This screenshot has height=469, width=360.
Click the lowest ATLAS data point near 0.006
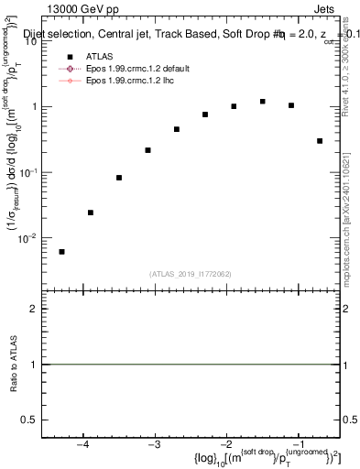(x=61, y=252)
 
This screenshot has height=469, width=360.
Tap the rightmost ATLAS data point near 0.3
(x=320, y=141)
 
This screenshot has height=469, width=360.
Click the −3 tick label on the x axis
(x=154, y=445)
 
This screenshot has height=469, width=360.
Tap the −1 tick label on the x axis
(x=298, y=445)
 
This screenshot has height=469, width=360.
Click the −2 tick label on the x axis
(x=225, y=445)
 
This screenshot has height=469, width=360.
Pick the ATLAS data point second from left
(x=91, y=213)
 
